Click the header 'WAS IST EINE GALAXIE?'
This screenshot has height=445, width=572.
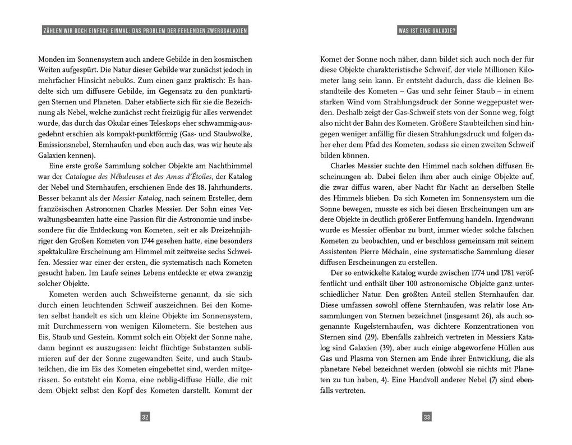click(427, 31)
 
